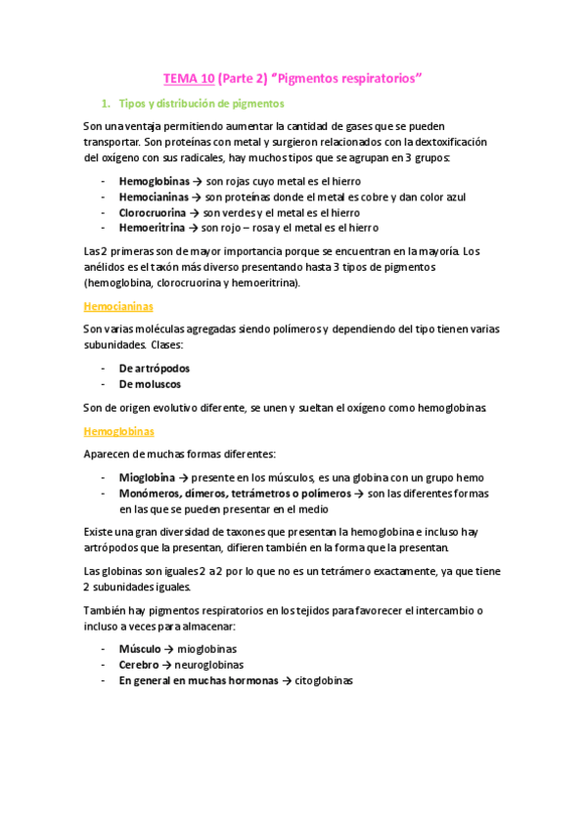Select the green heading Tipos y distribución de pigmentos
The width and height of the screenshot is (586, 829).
tap(202, 103)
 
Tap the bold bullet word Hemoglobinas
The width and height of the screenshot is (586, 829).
tap(155, 181)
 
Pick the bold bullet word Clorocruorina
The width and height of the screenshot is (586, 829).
tap(156, 211)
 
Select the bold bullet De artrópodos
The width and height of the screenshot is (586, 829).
tap(154, 369)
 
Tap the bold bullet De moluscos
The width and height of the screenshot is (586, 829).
tap(150, 384)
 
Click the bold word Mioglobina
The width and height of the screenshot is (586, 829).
tap(147, 477)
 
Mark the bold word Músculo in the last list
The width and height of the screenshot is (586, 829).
tap(140, 648)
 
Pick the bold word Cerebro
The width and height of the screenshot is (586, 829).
tap(139, 664)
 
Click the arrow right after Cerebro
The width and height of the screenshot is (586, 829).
tap(166, 664)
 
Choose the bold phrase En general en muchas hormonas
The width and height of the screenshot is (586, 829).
tap(199, 679)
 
